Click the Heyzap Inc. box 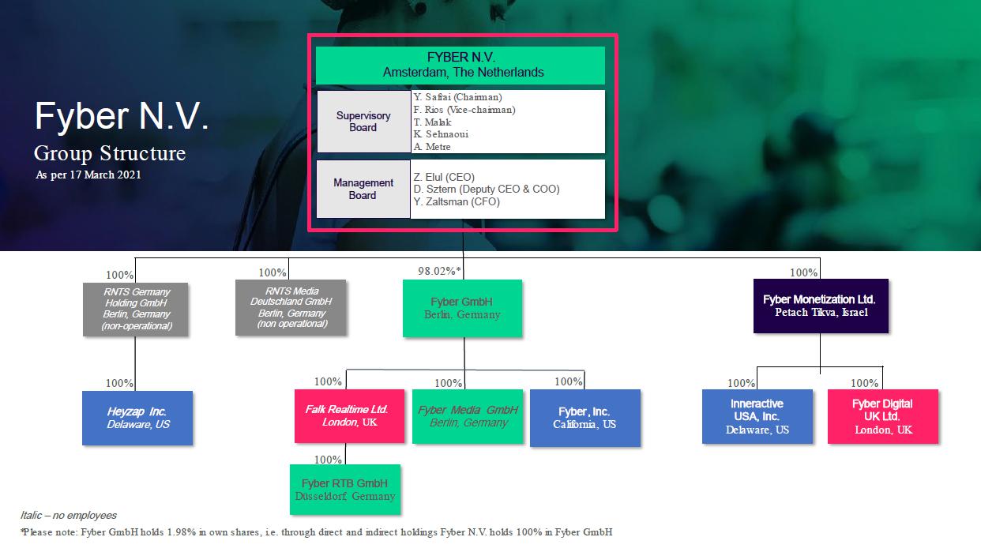click(137, 418)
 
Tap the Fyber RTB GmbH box click(344, 489)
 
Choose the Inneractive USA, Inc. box click(757, 415)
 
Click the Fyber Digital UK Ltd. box click(882, 415)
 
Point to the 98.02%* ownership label click(440, 272)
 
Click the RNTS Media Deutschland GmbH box click(291, 307)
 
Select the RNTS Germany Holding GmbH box click(135, 309)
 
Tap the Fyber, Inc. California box click(584, 417)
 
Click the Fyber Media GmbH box click(468, 415)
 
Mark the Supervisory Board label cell click(363, 122)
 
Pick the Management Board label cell click(363, 189)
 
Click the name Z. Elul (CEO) click(444, 177)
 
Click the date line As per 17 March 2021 click(88, 175)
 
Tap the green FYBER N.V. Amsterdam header click(460, 66)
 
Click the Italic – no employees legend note click(69, 515)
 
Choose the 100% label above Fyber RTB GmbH click(328, 460)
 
